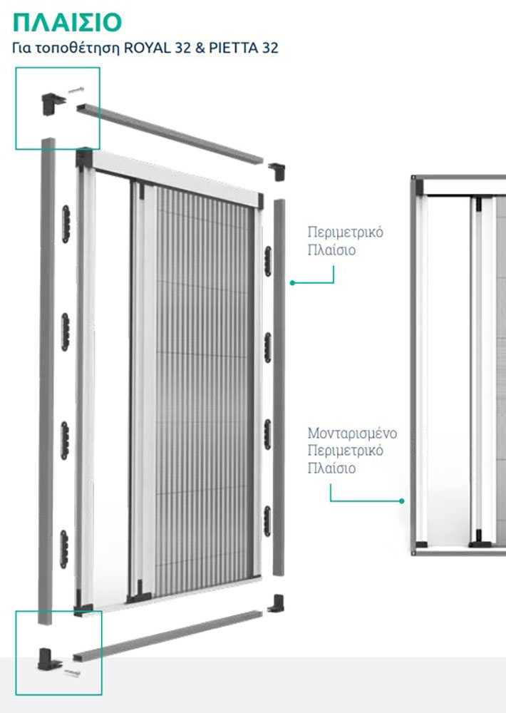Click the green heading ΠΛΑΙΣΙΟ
[67, 23]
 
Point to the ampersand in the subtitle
[200, 48]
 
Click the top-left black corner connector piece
[52, 103]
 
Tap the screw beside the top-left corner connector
[76, 90]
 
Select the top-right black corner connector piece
[277, 171]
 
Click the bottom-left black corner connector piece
[48, 659]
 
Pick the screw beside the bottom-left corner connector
[72, 672]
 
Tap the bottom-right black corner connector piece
[276, 603]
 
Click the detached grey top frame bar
[170, 133]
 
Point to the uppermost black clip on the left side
[66, 224]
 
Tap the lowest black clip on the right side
[267, 521]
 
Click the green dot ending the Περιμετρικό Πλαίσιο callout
[292, 283]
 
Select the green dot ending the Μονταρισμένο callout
[401, 501]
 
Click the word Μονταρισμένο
[352, 433]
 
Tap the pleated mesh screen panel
[205, 391]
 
